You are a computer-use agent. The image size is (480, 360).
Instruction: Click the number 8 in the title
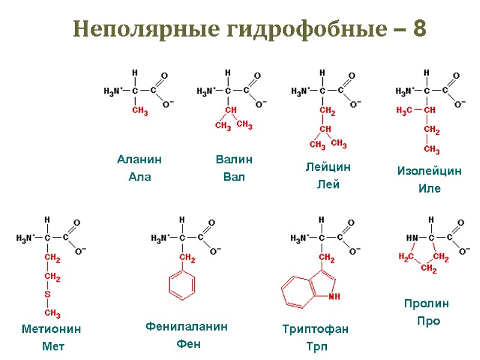419,29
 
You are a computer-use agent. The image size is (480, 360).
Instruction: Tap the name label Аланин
140,160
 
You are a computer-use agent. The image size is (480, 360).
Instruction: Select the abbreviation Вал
233,178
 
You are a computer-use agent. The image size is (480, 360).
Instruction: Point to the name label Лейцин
328,167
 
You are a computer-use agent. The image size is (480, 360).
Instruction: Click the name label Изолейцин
429,171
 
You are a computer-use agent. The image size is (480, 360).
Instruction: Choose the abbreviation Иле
429,188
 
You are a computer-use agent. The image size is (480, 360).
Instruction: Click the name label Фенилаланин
187,326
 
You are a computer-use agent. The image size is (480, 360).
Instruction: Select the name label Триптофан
315,329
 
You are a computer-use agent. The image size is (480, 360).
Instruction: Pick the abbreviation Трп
315,347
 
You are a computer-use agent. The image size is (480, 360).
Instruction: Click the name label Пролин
427,304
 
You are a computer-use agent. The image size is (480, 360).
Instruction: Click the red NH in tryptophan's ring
334,296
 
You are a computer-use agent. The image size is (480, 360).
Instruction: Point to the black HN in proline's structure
412,238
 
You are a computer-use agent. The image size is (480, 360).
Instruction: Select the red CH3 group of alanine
140,112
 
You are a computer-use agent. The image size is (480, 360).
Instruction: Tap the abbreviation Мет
53,346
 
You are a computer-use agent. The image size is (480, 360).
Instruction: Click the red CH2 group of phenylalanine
187,259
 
